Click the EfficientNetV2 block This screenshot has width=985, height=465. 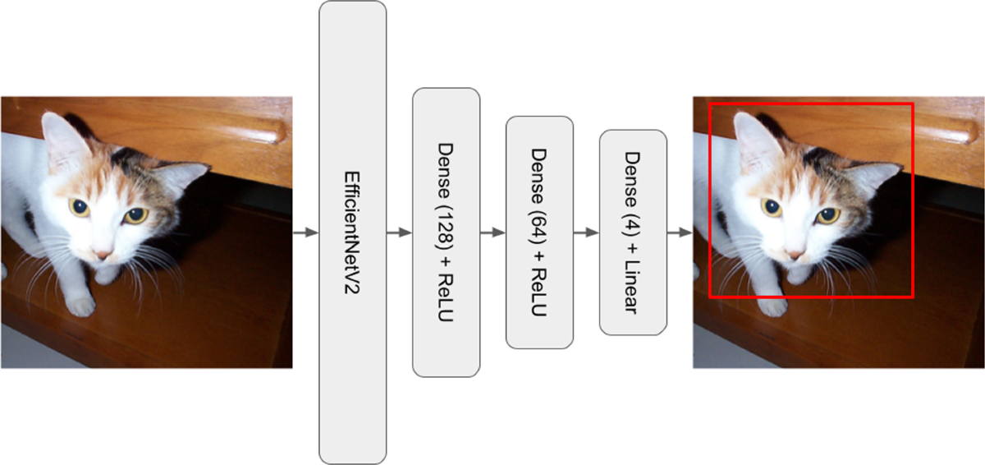click(x=352, y=232)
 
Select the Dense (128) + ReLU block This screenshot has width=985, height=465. click(x=446, y=232)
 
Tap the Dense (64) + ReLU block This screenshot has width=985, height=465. click(x=539, y=232)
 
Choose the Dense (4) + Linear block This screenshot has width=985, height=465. click(x=633, y=232)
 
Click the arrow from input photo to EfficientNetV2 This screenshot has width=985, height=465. click(x=305, y=232)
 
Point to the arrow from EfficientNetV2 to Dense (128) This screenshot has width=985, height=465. click(x=399, y=232)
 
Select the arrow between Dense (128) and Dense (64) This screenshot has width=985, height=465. click(x=492, y=232)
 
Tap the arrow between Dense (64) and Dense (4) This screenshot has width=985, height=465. click(x=586, y=232)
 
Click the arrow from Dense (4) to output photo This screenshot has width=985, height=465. click(x=680, y=232)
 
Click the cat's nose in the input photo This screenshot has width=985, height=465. click(x=103, y=255)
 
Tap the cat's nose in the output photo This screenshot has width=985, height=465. click(x=795, y=255)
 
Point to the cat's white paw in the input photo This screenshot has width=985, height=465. click(x=80, y=306)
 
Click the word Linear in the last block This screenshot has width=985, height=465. click(x=633, y=285)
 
